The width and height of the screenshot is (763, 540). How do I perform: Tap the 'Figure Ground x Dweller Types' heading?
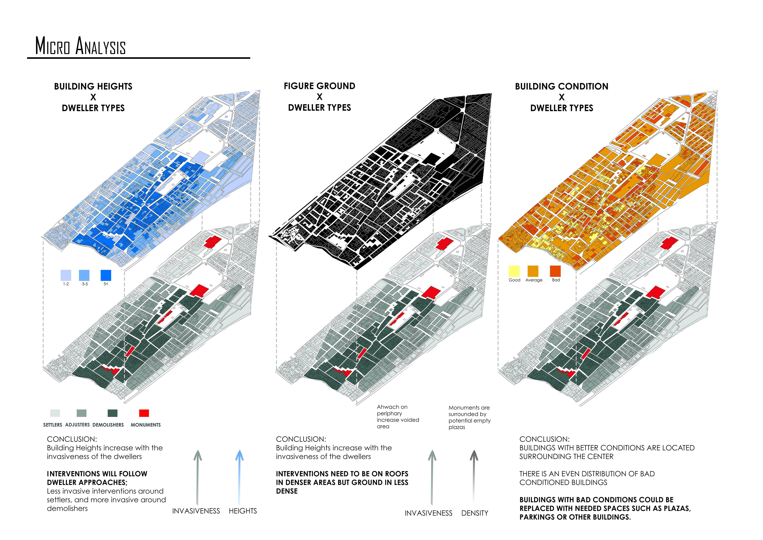point(319,97)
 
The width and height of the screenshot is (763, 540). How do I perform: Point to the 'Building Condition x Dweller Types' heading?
point(562,97)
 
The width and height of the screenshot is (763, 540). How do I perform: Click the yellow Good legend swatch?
point(514,271)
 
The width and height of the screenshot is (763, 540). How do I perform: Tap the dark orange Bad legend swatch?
point(555,271)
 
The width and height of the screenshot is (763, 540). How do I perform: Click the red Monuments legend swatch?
point(144,413)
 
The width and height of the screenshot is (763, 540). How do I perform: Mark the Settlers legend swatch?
point(55,413)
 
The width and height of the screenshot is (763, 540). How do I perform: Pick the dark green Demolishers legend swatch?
point(113,413)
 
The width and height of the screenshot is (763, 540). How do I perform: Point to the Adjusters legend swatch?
point(81,413)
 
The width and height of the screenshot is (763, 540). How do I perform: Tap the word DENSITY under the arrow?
point(475,513)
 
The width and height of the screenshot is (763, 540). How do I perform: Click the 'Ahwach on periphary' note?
point(398,417)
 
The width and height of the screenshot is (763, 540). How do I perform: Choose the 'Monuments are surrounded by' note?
point(469,417)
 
